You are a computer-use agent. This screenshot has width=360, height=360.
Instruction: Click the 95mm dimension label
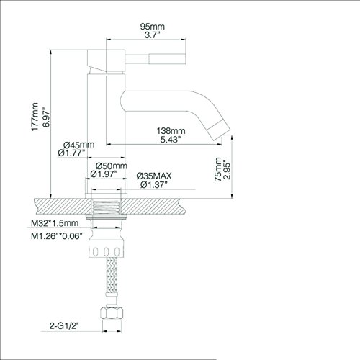(x=153, y=27)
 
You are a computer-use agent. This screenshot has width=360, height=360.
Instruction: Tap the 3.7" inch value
(x=152, y=35)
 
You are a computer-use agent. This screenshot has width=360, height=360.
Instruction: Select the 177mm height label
(x=35, y=117)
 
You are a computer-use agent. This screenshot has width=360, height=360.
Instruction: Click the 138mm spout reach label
(x=171, y=131)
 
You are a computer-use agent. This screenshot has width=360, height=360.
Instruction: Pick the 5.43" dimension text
(x=171, y=140)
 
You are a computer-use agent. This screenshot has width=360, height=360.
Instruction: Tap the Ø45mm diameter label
(x=78, y=145)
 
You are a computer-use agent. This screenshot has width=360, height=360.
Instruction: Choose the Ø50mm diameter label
(x=112, y=166)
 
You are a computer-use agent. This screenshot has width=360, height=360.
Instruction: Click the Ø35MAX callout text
(x=154, y=176)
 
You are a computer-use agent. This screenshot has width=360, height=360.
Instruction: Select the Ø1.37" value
(x=153, y=185)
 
